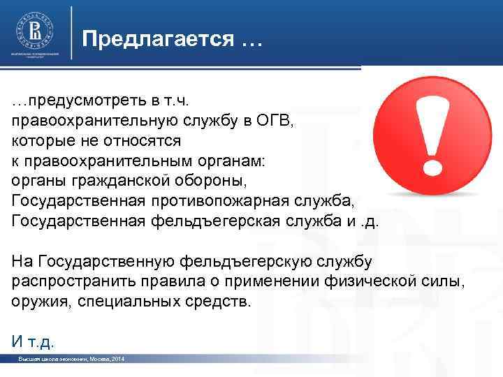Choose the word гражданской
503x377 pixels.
[x=124, y=182]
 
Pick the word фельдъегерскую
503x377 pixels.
[x=246, y=262]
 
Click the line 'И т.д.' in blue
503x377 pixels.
[x=33, y=341]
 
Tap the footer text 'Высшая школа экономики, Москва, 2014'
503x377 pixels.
[x=73, y=358]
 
